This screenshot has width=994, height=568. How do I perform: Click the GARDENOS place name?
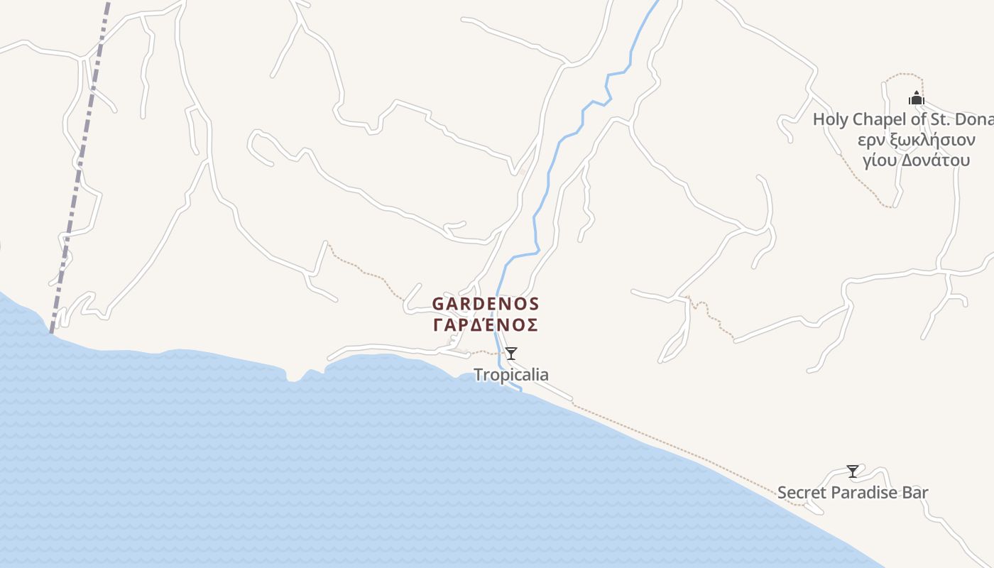(x=486, y=304)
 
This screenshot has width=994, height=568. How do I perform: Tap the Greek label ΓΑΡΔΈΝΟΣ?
(x=486, y=325)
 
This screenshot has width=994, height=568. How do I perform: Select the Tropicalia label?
(x=511, y=375)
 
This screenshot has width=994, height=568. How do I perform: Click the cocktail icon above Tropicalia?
(x=511, y=354)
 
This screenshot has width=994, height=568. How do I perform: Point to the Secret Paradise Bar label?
(x=853, y=493)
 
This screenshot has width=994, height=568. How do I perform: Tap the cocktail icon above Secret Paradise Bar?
(x=853, y=471)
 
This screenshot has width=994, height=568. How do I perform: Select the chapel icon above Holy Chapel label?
(x=917, y=99)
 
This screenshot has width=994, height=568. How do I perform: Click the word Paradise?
(x=868, y=493)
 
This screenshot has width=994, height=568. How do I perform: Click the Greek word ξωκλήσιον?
(x=930, y=140)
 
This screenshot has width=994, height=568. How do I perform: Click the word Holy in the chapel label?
(x=830, y=119)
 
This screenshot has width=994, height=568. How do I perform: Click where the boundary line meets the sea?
(x=50, y=332)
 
